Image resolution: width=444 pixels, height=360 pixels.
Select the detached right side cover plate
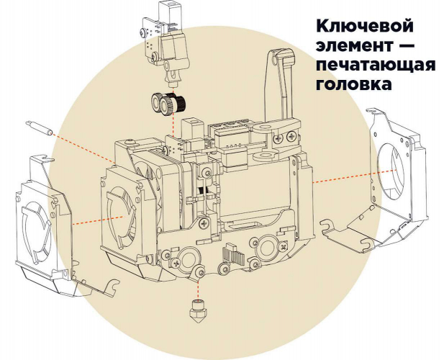[x=389, y=173]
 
